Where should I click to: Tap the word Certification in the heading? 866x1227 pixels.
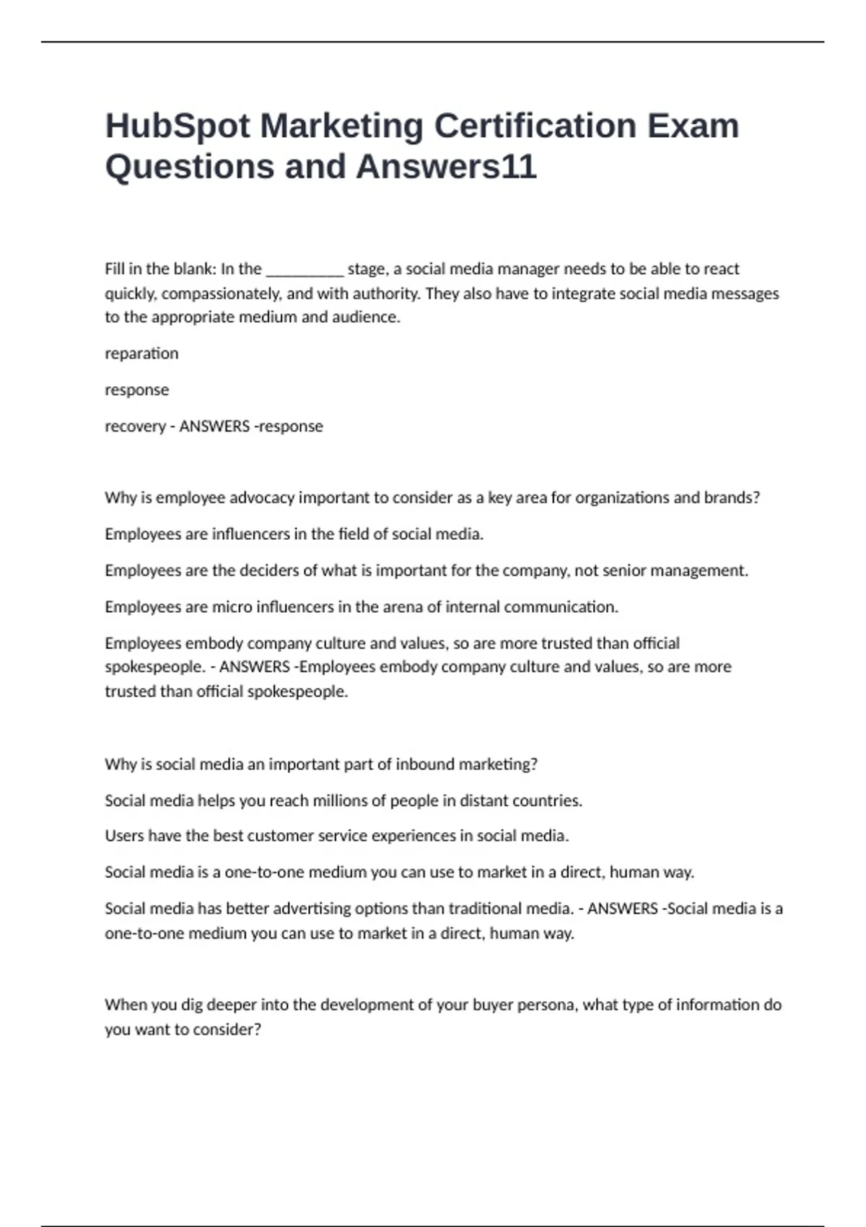(535, 126)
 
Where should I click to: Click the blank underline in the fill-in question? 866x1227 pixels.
(305, 270)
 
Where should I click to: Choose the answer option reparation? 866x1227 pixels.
(141, 354)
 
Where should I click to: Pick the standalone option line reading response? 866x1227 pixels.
(137, 390)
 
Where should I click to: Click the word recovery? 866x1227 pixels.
(135, 427)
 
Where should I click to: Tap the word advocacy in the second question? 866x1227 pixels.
(263, 498)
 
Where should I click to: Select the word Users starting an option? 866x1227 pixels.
(124, 836)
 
